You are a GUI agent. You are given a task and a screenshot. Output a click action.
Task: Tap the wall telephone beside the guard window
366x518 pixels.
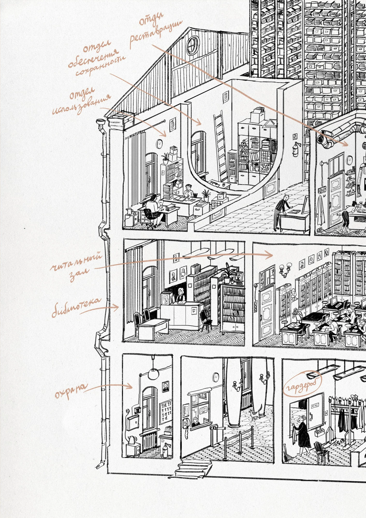pyautogui.click(x=186, y=425)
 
